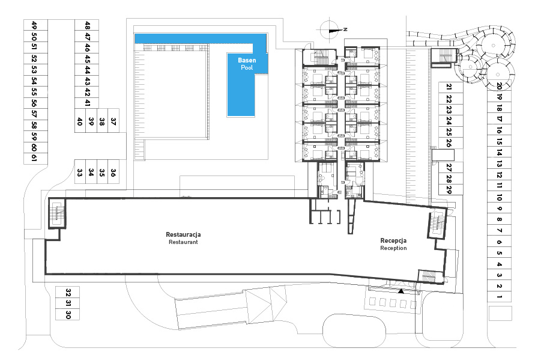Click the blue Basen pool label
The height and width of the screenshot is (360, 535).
[247, 60]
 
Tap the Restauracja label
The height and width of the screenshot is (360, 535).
[183, 234]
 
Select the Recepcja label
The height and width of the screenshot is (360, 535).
[393, 241]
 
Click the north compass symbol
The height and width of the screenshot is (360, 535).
[331, 30]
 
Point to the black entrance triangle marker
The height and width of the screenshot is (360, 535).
[401, 291]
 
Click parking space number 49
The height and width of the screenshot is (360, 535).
[34, 25]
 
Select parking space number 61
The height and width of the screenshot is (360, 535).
[34, 157]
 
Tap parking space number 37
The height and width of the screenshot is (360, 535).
[113, 121]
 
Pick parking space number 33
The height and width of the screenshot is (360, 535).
[79, 172]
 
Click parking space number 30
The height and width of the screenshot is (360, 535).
[68, 314]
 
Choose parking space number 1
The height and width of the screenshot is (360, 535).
[499, 296]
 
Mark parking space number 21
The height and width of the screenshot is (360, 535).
[449, 87]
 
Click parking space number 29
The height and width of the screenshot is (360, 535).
[449, 190]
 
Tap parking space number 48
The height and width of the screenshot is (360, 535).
[87, 25]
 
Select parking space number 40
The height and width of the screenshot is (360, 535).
[79, 121]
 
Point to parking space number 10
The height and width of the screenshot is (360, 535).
[499, 197]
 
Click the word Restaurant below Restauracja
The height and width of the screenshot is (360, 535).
[183, 242]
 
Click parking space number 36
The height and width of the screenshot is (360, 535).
[113, 172]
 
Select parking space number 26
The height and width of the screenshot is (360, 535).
[449, 143]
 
